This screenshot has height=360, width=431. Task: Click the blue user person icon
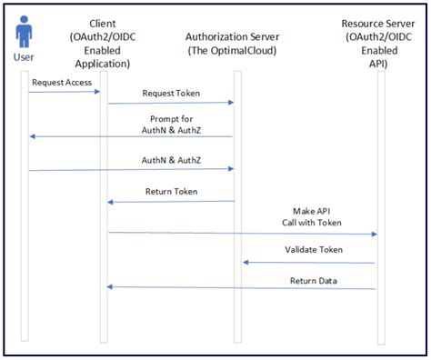(25, 35)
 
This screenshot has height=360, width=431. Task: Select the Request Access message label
(59, 82)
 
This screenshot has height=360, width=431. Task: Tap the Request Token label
(170, 93)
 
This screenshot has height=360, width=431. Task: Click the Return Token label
(170, 191)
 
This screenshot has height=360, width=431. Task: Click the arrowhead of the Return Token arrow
(111, 202)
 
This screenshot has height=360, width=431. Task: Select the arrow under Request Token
(170, 103)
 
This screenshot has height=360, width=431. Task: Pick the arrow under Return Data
(241, 288)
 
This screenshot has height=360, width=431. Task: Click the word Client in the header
(103, 22)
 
